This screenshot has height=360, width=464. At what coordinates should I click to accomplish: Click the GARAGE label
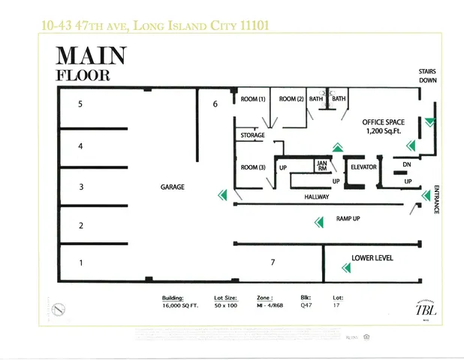pos(172,187)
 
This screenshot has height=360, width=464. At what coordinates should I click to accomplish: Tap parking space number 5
pos(80,104)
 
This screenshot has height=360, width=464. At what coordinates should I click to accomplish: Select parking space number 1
pos(80,262)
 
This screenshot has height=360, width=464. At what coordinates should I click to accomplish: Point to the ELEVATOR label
pos(363,166)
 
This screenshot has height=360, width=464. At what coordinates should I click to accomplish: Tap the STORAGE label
pos(252,136)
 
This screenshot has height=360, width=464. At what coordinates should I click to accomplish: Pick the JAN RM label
pos(321,166)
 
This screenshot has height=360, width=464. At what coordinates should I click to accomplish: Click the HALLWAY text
pos(317,196)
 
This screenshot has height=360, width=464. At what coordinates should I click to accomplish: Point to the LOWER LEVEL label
pos(372,258)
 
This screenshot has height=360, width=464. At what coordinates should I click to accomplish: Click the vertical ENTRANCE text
pos(436,199)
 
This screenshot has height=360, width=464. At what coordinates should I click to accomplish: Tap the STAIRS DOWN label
pos(427,76)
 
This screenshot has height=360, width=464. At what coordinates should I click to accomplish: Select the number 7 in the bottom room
pos(273,262)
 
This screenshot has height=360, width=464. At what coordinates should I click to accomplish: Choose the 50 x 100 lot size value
pos(227,306)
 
